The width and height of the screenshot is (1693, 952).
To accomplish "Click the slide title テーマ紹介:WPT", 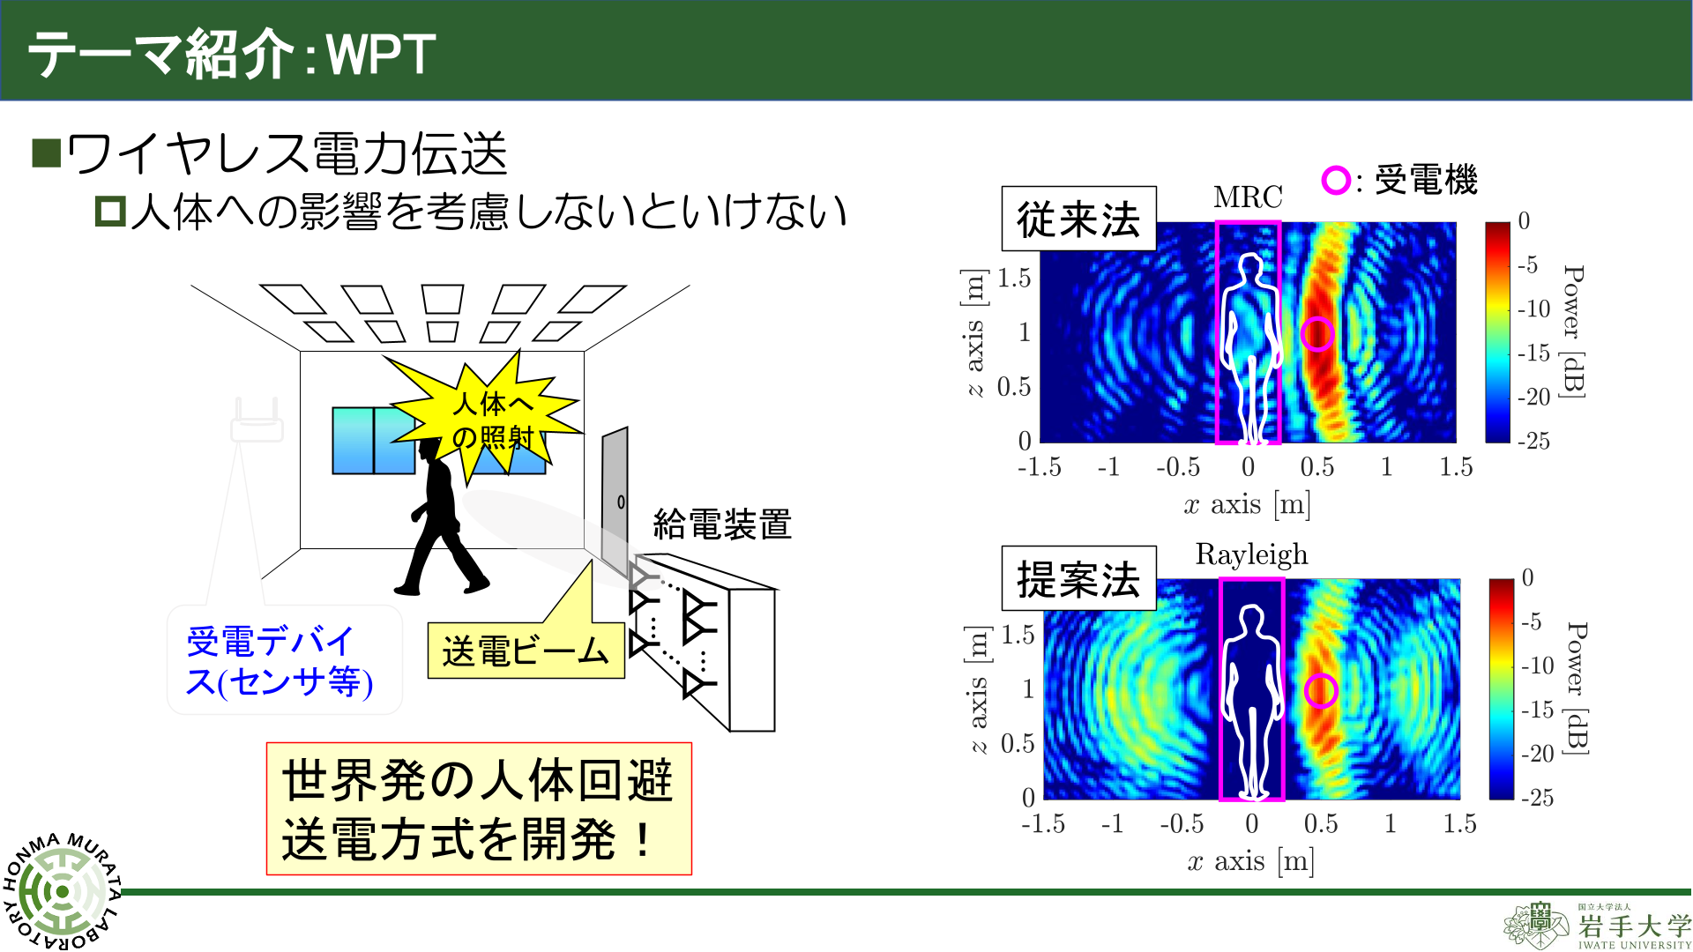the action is tap(232, 54).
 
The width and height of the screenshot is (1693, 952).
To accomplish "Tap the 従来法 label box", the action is tap(1078, 219).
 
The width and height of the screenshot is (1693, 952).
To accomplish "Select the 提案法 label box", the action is tap(1078, 578).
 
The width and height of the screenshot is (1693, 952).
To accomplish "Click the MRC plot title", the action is tap(1248, 197).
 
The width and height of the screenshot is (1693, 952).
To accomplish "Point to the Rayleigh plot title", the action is tap(1251, 554).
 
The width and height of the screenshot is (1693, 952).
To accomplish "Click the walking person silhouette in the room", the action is tap(441, 516).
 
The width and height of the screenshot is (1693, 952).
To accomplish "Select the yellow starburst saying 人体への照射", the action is tap(489, 414).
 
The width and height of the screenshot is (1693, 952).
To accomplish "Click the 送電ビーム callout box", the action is tap(526, 651).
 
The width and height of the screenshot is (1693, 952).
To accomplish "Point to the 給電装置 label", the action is tap(722, 524).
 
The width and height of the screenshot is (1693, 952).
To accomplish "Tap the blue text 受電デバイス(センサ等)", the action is tap(279, 661).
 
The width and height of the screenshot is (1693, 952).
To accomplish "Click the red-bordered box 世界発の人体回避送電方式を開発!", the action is tap(479, 808).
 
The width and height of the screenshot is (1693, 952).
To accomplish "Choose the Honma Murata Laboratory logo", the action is tap(62, 890).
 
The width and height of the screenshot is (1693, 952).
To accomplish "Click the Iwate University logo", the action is tap(1597, 926).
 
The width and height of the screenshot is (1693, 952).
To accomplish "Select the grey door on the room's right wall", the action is tap(615, 502).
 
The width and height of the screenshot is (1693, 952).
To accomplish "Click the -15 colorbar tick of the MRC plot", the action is tap(1533, 353).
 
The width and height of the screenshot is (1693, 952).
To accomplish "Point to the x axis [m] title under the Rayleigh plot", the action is tap(1250, 861).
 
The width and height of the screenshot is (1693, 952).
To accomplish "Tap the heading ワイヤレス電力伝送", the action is tap(287, 153).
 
